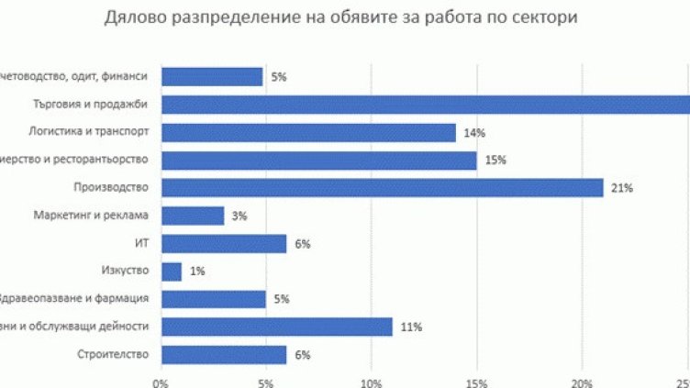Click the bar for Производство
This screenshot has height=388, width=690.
coord(382,188)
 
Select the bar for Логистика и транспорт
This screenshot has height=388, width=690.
coord(308,133)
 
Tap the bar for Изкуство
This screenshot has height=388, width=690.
coord(172,272)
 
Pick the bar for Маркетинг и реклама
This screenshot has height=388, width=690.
coord(193,216)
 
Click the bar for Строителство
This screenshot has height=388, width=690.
coord(224,354)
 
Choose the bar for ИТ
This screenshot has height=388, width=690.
coord(224,243)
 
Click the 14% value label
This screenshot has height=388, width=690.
coord(474,133)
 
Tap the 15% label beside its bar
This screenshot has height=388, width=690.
coord(495,161)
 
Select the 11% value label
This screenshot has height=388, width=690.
coord(412,327)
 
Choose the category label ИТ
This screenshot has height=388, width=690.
coord(140,243)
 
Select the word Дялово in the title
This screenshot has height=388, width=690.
coord(134,18)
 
